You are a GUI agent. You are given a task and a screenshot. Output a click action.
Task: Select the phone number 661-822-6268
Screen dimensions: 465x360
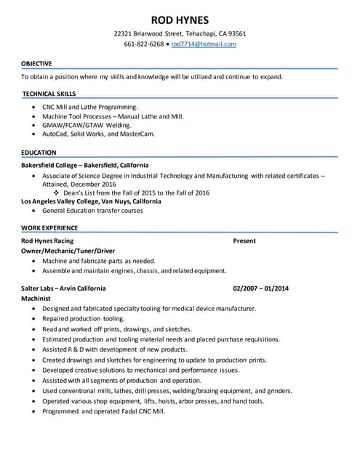point(143,44)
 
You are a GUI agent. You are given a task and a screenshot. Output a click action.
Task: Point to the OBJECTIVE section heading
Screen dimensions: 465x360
point(36,64)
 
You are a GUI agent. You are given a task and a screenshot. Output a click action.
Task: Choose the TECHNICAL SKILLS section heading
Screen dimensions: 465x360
point(49,94)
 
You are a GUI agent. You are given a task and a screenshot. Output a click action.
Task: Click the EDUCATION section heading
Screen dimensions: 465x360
point(39,153)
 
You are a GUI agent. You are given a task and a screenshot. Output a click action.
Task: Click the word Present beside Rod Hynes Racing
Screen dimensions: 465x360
point(244,241)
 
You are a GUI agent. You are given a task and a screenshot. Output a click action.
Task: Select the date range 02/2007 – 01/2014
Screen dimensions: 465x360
point(260,288)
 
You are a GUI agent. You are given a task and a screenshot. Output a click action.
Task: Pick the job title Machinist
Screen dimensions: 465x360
point(36,298)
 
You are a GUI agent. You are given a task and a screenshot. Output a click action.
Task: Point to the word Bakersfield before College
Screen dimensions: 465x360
point(41,165)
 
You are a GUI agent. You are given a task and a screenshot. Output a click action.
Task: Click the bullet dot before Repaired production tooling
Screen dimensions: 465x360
point(34,319)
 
